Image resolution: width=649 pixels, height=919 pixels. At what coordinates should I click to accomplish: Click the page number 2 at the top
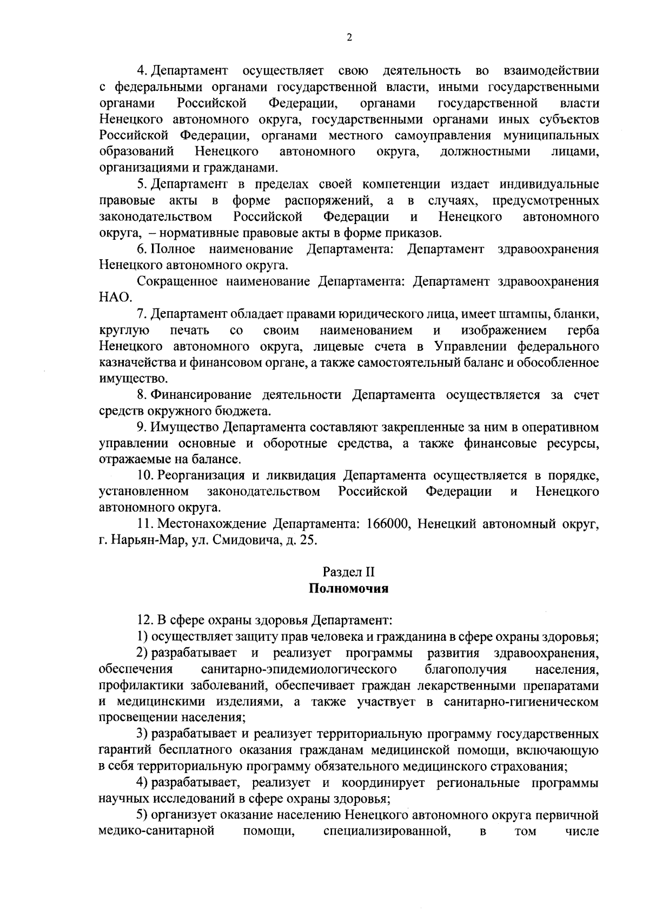pos(348,37)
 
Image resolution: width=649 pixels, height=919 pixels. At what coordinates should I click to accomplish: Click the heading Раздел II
pos(348,572)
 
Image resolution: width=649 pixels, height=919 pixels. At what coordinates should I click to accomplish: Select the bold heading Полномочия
pos(348,589)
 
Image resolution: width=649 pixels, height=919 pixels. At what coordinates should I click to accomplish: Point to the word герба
pos(584,330)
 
